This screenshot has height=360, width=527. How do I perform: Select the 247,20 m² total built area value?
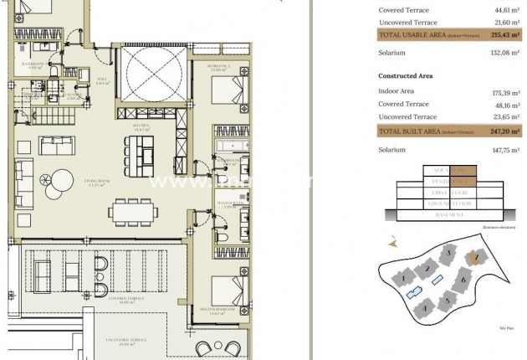(x=504, y=131)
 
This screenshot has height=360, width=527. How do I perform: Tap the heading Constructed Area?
(x=406, y=75)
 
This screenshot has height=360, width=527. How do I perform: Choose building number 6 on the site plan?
(x=463, y=279)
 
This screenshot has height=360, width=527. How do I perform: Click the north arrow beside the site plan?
(x=391, y=242)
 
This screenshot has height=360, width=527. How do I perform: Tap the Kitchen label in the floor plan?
(x=142, y=130)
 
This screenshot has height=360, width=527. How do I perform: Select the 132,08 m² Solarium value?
(x=504, y=53)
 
